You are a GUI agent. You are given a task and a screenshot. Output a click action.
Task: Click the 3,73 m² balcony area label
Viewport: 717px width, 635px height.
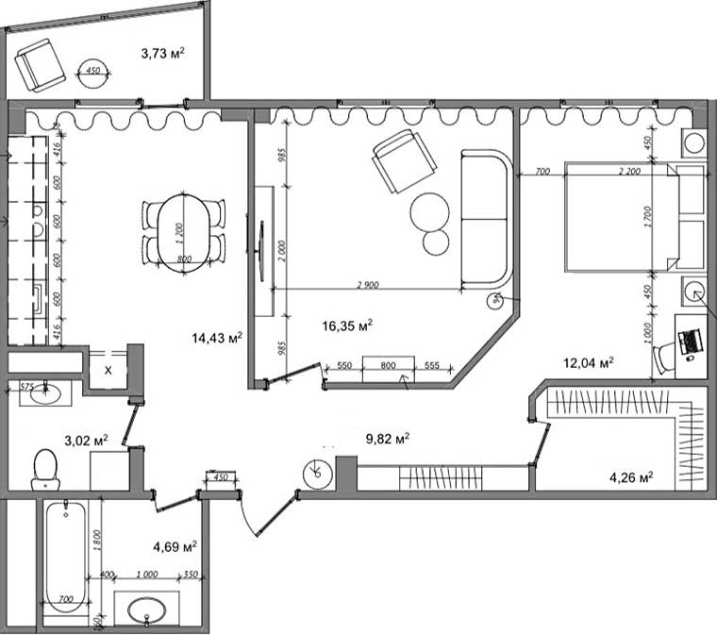(x=160, y=55)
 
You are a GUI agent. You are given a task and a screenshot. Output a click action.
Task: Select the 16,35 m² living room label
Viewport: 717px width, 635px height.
(x=347, y=326)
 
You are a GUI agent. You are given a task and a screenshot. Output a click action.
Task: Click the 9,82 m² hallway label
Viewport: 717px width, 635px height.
(x=387, y=438)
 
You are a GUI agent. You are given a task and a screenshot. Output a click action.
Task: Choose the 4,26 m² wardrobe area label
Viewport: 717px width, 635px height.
(x=632, y=476)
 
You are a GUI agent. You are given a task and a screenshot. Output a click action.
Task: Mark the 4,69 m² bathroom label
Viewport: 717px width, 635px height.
(x=175, y=545)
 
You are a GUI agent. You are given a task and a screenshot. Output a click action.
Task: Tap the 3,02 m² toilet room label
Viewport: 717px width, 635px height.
(x=86, y=440)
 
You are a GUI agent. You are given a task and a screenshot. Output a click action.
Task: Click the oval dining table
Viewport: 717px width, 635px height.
(x=184, y=232)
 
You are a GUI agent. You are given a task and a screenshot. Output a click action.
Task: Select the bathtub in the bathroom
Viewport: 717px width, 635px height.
(x=66, y=556)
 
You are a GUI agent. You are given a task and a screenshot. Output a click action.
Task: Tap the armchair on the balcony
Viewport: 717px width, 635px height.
(x=40, y=65)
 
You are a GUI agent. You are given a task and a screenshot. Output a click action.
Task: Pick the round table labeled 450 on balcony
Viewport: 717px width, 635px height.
(x=92, y=73)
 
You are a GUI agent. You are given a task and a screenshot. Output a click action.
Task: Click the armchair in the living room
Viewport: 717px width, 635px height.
(x=404, y=161)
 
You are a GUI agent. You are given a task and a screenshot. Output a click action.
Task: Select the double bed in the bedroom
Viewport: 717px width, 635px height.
(x=623, y=216)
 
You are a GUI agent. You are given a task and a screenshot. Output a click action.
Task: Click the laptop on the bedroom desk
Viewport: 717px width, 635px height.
(x=690, y=341)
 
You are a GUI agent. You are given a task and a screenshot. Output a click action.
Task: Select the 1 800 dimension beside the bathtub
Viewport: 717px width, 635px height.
(x=97, y=543)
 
